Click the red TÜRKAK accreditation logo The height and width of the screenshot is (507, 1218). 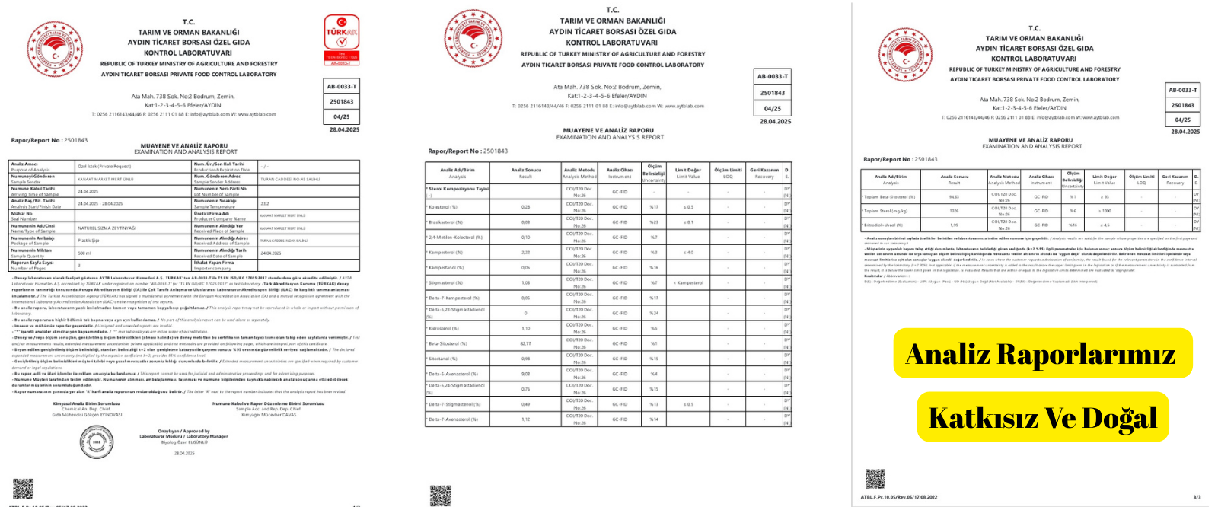[x=342, y=40]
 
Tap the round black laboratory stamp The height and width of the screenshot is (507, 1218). [x=97, y=442]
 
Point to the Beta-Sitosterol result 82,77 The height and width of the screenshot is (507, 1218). [x=525, y=343]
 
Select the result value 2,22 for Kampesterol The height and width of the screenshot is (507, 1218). [x=525, y=252]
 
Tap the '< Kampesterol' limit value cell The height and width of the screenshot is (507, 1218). [x=688, y=282]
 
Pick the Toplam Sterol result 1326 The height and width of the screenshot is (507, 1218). [x=954, y=211]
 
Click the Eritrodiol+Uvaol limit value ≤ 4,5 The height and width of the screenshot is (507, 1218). [x=1105, y=225]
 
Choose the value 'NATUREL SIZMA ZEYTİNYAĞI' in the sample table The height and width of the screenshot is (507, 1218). [x=107, y=228]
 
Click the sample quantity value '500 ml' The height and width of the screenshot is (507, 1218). [x=84, y=253]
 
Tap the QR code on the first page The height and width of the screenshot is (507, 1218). [x=24, y=489]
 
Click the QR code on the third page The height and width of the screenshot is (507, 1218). [x=875, y=479]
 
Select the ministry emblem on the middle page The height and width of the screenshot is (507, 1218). [x=473, y=38]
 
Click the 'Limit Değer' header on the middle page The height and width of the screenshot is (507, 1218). [x=687, y=173]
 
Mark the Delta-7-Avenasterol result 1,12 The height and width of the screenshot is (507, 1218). [x=525, y=419]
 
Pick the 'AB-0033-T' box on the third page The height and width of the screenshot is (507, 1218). [x=1182, y=90]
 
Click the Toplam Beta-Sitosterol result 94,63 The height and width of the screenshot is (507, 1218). [x=954, y=196]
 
